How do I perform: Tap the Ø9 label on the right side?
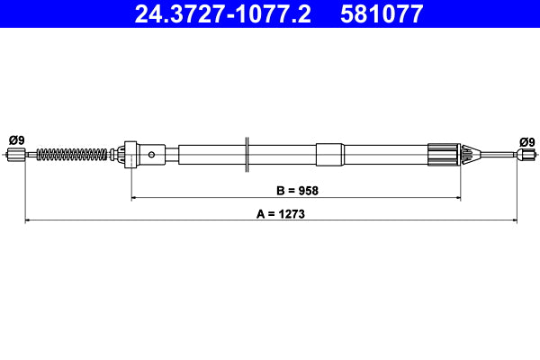[526, 141]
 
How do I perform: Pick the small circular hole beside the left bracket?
[152, 155]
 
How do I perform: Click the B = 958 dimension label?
[297, 190]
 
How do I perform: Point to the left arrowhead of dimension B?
[135, 197]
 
